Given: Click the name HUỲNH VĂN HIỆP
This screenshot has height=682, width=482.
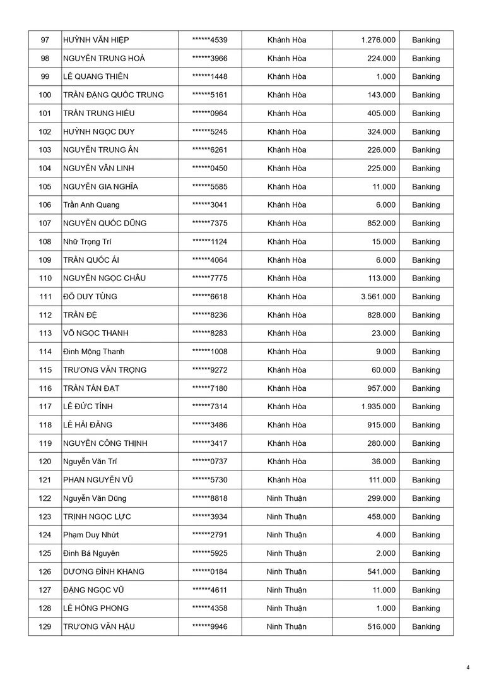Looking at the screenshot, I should [x=96, y=40].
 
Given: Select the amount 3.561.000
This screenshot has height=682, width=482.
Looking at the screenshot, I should [x=379, y=297].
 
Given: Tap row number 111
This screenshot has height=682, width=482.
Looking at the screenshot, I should [x=45, y=297].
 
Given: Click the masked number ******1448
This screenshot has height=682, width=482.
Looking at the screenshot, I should [x=209, y=76].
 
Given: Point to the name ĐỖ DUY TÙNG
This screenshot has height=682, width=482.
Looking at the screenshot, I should [x=90, y=297].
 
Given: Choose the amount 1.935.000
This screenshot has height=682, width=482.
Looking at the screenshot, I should [x=379, y=407].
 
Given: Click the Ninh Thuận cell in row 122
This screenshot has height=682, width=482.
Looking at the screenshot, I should [x=286, y=498].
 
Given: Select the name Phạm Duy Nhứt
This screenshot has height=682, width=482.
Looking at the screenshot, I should [x=91, y=535].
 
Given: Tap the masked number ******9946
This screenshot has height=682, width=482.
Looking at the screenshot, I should [x=209, y=626].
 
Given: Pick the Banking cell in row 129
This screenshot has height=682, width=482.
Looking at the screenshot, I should [x=426, y=626].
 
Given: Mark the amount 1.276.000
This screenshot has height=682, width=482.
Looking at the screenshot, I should [x=379, y=40].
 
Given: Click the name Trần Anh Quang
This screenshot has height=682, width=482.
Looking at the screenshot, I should [x=91, y=205].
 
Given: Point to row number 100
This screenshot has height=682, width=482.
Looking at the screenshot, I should [x=45, y=95].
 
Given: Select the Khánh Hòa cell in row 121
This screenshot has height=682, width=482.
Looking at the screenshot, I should [x=286, y=480].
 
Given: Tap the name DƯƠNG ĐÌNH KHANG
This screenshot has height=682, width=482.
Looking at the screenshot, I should [x=103, y=571].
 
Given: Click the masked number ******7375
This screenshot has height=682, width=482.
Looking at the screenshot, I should [x=209, y=223].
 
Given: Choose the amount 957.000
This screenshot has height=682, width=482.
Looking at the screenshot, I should [x=382, y=388].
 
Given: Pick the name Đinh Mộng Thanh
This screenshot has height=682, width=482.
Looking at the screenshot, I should [x=93, y=352].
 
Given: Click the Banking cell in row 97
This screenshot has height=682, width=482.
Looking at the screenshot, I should [x=426, y=40].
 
